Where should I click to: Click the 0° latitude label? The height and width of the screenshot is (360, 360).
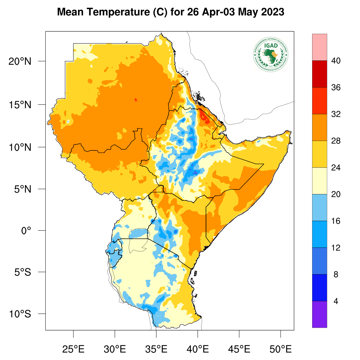tap(26, 231)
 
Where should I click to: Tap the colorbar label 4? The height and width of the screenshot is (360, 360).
tap(335, 301)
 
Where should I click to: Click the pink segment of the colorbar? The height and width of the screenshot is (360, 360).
tap(320, 47)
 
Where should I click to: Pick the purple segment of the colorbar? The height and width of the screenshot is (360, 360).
tap(320, 314)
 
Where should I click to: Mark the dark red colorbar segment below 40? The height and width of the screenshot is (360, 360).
tap(320, 74)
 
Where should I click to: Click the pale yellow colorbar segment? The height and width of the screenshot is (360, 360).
tap(320, 181)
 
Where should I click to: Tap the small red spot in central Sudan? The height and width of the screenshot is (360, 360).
tap(136, 100)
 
